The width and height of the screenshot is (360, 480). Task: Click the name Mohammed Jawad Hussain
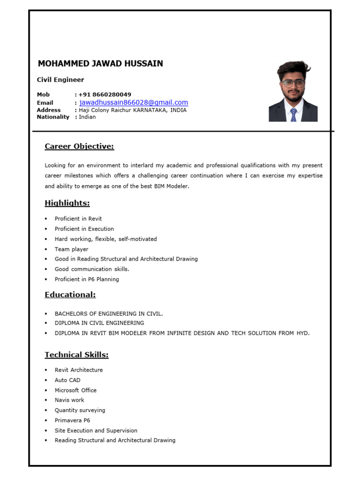100,64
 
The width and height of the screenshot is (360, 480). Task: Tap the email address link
134,103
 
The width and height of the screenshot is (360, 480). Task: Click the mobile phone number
105,94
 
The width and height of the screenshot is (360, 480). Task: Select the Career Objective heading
79,146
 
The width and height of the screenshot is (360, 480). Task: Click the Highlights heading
67,203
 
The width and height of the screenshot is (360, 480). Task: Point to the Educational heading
70,294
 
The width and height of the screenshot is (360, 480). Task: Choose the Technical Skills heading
76,355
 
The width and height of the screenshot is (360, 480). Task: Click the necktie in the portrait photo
293,114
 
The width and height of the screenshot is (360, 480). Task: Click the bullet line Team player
71,249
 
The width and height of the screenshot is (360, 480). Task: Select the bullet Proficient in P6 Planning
87,279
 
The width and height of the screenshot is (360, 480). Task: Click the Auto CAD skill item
67,380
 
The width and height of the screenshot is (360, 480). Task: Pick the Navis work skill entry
69,400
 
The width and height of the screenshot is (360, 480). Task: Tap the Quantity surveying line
80,410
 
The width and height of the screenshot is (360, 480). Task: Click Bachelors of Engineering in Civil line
109,314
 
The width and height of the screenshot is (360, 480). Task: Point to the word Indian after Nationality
87,117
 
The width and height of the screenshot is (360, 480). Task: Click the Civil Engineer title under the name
60,80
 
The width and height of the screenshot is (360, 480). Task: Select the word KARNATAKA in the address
150,110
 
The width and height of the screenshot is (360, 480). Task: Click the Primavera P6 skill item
72,420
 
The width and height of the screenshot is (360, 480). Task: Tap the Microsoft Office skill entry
75,390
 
